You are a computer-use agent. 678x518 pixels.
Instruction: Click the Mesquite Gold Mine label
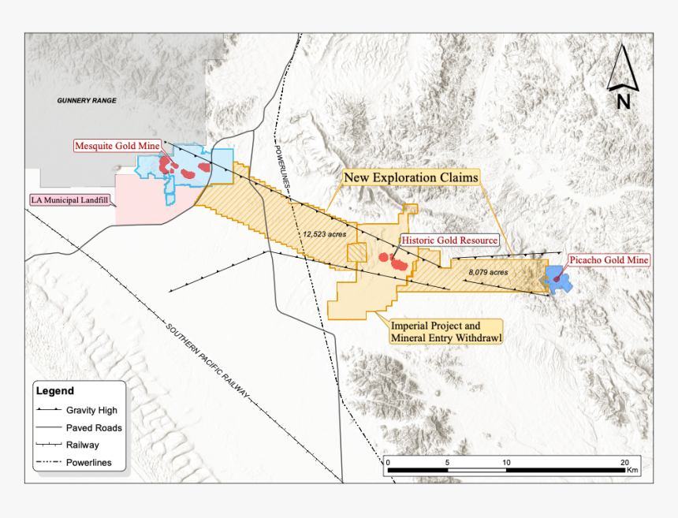point(117,146)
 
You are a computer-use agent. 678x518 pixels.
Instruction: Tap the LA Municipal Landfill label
point(69,200)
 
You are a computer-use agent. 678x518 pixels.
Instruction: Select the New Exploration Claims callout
point(411,178)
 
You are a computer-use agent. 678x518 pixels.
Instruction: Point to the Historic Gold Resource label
point(449,240)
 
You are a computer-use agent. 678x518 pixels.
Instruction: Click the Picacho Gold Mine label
point(609,259)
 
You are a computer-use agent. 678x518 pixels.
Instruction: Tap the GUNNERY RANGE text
point(87,101)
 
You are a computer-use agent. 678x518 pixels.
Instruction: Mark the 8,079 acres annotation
point(488,272)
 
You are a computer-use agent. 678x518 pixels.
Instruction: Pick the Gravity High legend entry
point(91,411)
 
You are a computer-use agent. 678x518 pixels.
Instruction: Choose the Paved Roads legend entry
point(94,428)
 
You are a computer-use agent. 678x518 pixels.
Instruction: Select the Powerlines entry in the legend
point(88,462)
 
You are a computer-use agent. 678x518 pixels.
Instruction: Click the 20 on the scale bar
point(624,462)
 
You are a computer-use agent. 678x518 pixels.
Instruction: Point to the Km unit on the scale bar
point(631,471)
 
